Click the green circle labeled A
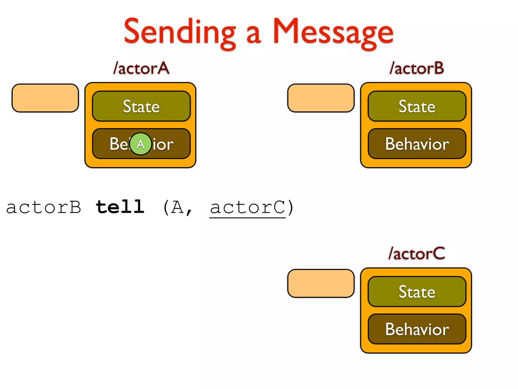tap(141, 144)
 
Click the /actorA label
tap(141, 68)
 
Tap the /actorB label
tap(417, 68)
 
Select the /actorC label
tap(417, 254)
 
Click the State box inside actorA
tap(141, 106)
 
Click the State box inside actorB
tap(417, 106)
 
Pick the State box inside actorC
tap(417, 292)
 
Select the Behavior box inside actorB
tap(417, 144)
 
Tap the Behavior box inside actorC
tap(417, 329)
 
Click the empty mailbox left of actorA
tap(45, 98)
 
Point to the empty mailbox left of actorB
tap(321, 98)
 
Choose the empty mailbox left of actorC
tap(321, 283)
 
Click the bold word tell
tap(120, 207)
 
